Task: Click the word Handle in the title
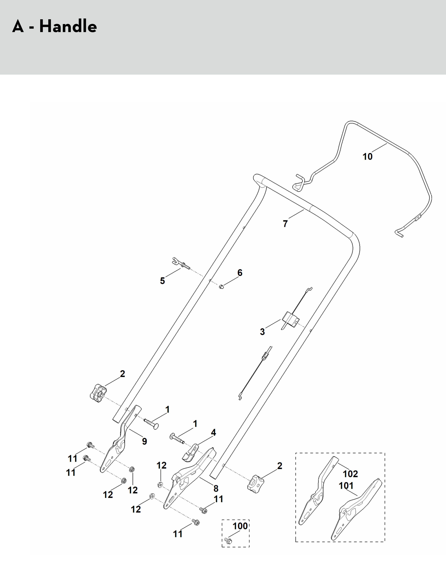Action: click(x=68, y=27)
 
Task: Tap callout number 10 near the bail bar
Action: click(x=367, y=157)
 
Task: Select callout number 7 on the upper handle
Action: click(x=285, y=224)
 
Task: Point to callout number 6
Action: click(x=240, y=273)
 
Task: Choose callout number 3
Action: click(x=262, y=332)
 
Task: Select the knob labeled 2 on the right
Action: click(x=255, y=485)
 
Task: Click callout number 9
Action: click(x=144, y=441)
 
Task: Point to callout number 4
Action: click(x=213, y=432)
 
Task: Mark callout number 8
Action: click(x=216, y=488)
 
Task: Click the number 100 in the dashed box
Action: click(x=240, y=526)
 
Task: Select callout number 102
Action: click(x=350, y=474)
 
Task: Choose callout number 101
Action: click(x=346, y=486)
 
